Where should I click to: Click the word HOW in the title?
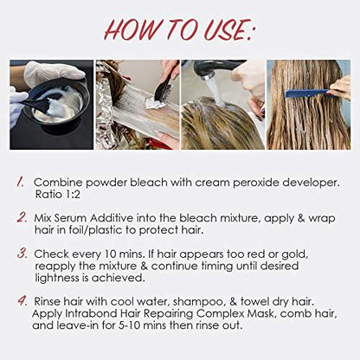click(x=132, y=30)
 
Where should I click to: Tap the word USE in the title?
click(x=224, y=30)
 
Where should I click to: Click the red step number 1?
click(x=20, y=182)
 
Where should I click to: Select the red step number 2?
click(x=22, y=217)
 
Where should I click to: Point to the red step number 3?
click(x=22, y=254)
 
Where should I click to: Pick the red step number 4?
click(x=22, y=300)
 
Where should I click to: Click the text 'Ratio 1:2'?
click(x=57, y=195)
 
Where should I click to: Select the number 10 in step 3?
click(x=110, y=254)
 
